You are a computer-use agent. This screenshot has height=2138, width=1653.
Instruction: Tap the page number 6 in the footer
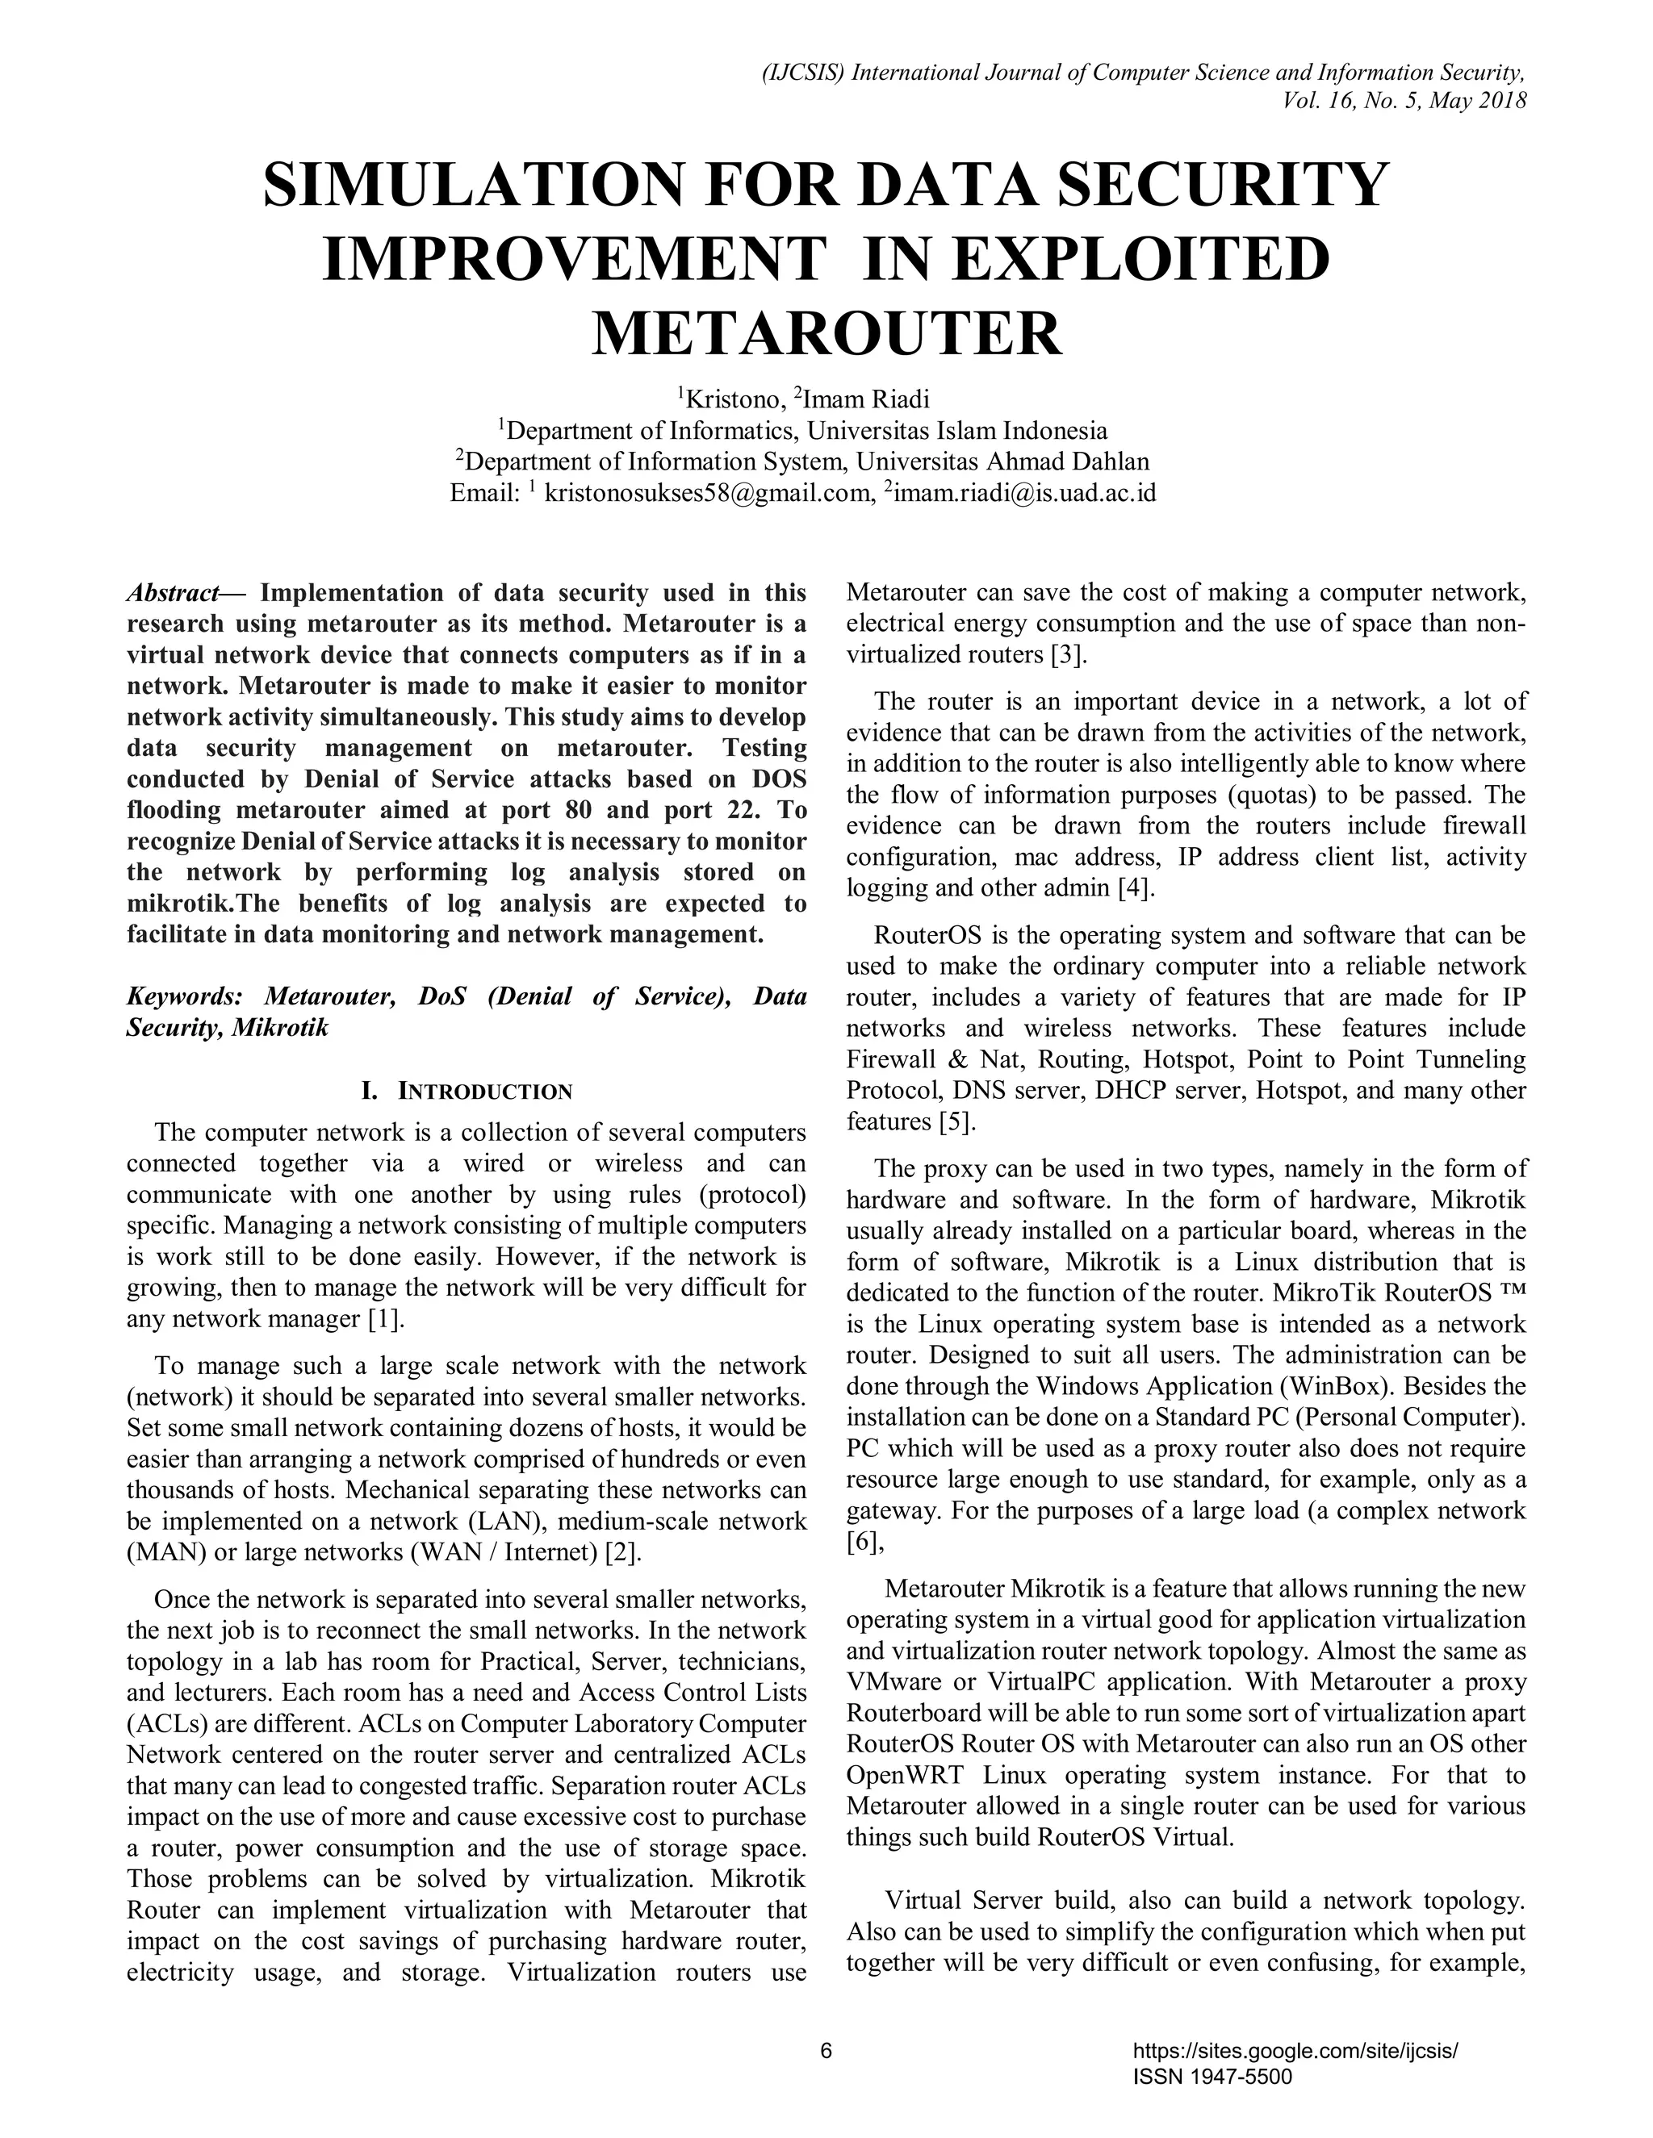tap(826, 2051)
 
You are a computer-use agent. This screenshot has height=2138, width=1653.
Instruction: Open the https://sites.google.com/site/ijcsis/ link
tap(1295, 2051)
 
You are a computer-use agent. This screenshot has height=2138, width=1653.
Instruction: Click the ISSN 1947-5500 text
tap(1212, 2077)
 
